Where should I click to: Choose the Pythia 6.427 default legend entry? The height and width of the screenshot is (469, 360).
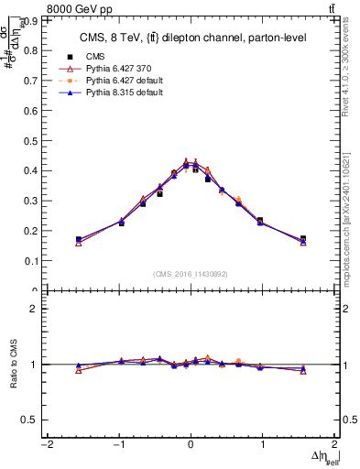pyautogui.click(x=118, y=81)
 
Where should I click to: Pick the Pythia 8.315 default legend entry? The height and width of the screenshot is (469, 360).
pyautogui.click(x=118, y=93)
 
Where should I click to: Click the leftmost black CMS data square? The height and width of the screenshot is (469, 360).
pyautogui.click(x=79, y=239)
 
